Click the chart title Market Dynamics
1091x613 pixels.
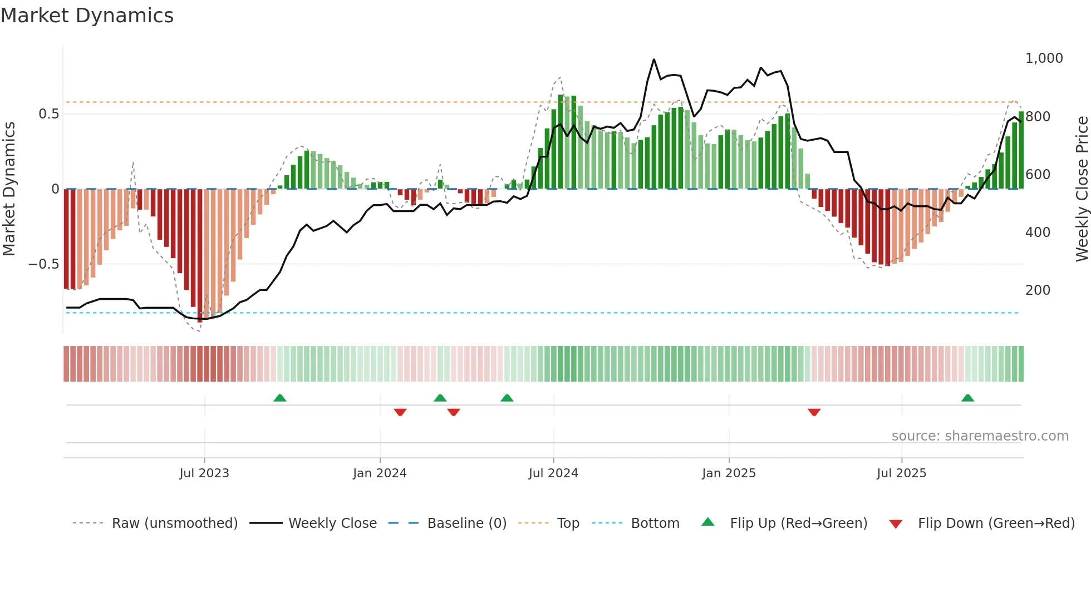87,16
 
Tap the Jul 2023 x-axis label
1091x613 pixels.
204,473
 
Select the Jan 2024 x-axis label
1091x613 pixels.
380,473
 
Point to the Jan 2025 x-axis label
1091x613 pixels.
729,473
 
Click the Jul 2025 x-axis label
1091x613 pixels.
901,473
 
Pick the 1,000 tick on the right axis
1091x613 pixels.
1044,58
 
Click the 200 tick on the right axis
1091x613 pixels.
1038,290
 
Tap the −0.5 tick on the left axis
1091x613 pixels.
43,264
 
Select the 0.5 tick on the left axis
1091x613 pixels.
48,114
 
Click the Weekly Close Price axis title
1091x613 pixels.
1082,189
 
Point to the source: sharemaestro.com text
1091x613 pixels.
980,436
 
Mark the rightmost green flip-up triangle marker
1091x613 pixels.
967,398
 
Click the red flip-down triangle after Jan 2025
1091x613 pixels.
814,412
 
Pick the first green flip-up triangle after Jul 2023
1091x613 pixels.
280,398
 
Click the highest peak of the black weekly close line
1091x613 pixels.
653,60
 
